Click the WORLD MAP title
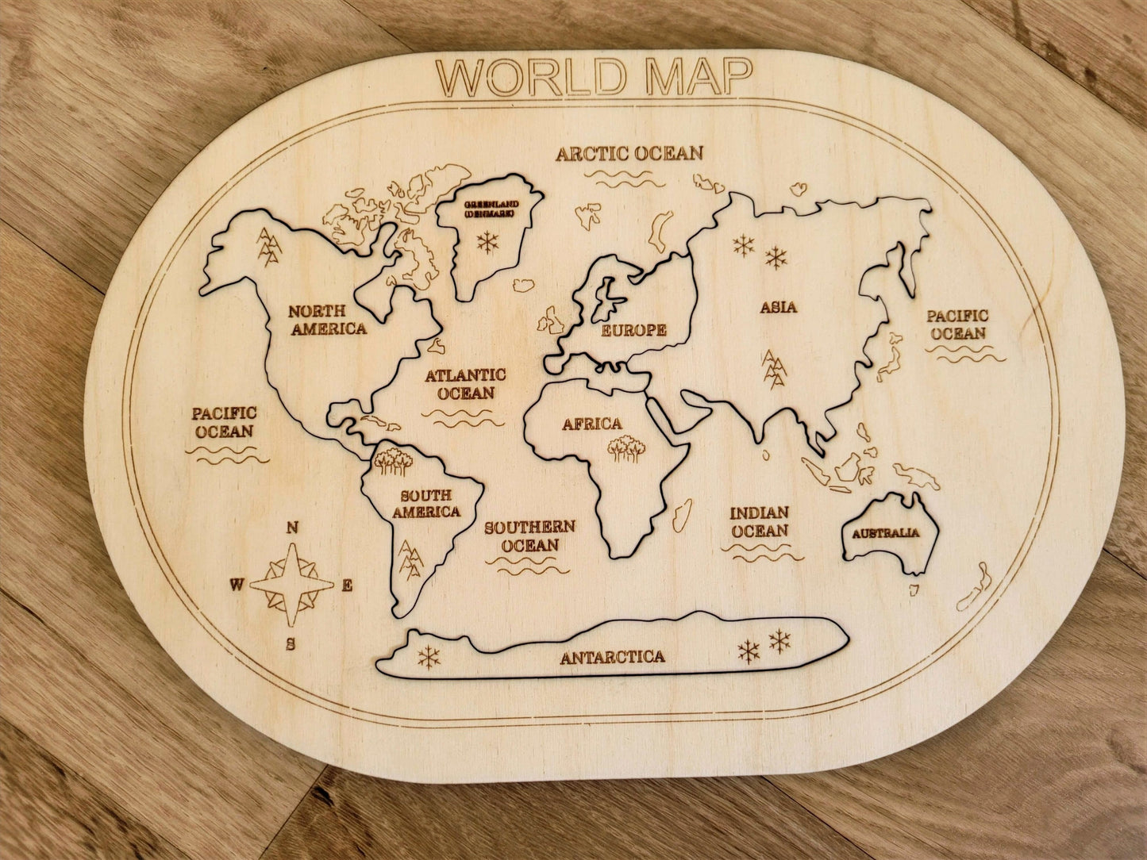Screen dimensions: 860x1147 pos(594,76)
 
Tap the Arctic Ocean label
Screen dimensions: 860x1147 pos(629,153)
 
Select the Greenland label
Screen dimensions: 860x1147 pos(491,209)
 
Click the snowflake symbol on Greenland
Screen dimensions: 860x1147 pos(487,241)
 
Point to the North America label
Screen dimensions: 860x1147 pos(328,320)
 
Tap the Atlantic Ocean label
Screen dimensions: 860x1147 pos(465,384)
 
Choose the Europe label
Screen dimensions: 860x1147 pos(633,330)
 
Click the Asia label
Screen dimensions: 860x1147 pos(778,307)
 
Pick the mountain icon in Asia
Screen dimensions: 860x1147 pos(774,369)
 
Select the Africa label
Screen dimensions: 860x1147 pos(592,424)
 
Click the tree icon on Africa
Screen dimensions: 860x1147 pos(626,448)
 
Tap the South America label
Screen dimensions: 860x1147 pos(426,504)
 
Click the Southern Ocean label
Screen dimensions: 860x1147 pos(529,536)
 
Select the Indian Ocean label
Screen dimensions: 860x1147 pos(759,522)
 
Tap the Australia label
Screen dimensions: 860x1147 pos(885,533)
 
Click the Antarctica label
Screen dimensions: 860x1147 pos(612,657)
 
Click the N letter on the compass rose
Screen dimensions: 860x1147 pos(292,528)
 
